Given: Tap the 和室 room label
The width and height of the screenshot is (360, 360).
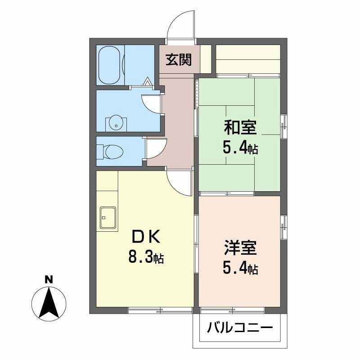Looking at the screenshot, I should pyautogui.click(x=240, y=128).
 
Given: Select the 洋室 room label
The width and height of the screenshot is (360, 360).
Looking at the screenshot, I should pyautogui.click(x=240, y=248).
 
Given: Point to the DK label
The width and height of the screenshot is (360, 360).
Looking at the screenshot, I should pyautogui.click(x=145, y=236).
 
